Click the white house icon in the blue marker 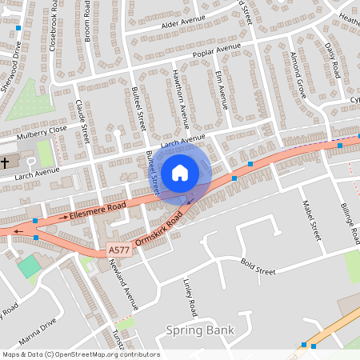[179, 172]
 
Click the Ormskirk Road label [164, 229]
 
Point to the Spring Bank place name [200, 330]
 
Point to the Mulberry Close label [47, 129]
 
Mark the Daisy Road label [334, 59]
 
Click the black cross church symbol [6, 162]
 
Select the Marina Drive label [38, 330]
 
